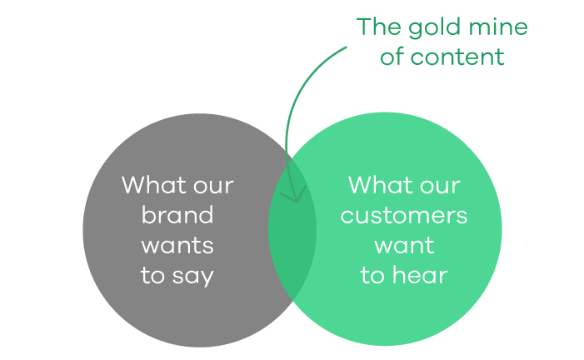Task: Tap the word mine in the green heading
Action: click(498, 27)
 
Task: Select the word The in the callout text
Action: click(379, 27)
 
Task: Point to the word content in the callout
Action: click(457, 57)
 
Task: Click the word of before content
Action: click(392, 57)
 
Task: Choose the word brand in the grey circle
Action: click(177, 214)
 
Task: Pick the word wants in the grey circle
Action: click(177, 246)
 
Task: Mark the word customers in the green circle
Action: click(404, 216)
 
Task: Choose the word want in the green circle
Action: click(404, 246)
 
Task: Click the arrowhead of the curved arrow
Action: click(297, 201)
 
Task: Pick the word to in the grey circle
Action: click(152, 276)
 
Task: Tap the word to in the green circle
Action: click(372, 276)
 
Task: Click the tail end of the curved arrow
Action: click(346, 47)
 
